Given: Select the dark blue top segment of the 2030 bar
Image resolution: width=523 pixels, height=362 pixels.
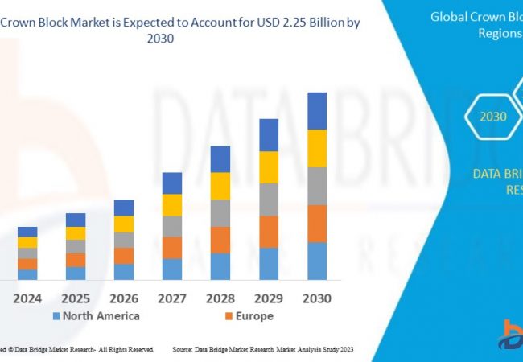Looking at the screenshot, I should (x=317, y=111).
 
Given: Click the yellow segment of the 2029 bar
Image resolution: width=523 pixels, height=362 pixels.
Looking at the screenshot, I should (x=269, y=167).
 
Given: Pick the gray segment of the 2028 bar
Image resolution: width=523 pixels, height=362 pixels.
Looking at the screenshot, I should (x=220, y=213).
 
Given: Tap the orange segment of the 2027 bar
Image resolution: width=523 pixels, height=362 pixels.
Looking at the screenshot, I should (x=172, y=248).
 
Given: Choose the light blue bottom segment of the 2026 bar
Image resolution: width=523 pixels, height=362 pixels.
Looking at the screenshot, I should (x=124, y=272).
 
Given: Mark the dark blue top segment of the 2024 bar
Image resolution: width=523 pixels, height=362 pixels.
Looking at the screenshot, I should (x=27, y=232).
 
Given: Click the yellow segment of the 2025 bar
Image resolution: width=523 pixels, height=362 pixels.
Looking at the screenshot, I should (x=76, y=233).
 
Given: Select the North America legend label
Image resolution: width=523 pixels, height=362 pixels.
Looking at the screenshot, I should (x=101, y=316).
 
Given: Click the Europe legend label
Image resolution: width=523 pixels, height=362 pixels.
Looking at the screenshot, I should (x=254, y=316).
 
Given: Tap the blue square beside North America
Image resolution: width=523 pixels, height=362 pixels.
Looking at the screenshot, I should (x=56, y=316).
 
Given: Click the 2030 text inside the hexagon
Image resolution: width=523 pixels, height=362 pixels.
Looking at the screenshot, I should (x=493, y=117).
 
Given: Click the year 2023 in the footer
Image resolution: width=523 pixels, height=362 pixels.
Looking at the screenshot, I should (x=343, y=350).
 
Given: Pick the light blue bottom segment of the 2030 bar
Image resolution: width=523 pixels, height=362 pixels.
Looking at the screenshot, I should (x=317, y=261).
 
